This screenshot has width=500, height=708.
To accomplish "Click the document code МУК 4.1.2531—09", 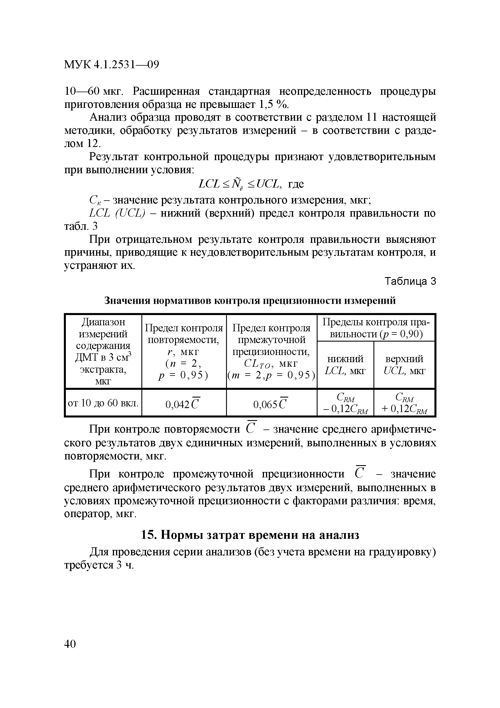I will [111, 65].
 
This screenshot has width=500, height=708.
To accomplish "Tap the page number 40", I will [70, 644].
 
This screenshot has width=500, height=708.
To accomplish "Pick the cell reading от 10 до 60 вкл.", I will [103, 403].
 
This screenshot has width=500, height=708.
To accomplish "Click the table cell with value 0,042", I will [184, 403].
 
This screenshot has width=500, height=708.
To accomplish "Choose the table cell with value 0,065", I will [271, 403].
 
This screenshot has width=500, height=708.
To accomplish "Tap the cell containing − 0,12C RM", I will [345, 403].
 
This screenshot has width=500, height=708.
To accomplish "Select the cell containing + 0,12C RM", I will [404, 403].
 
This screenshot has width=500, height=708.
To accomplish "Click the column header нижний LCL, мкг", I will [345, 365].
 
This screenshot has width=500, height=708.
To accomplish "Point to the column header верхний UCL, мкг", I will [404, 365].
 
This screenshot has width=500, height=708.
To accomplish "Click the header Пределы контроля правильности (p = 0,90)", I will [375, 328].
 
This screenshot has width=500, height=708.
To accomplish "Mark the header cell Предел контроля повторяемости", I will [184, 351].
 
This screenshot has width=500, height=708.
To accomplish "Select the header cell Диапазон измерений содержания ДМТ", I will [103, 351].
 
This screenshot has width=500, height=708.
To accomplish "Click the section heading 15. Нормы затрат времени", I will [250, 535].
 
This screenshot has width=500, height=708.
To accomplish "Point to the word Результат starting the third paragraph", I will [112, 157].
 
